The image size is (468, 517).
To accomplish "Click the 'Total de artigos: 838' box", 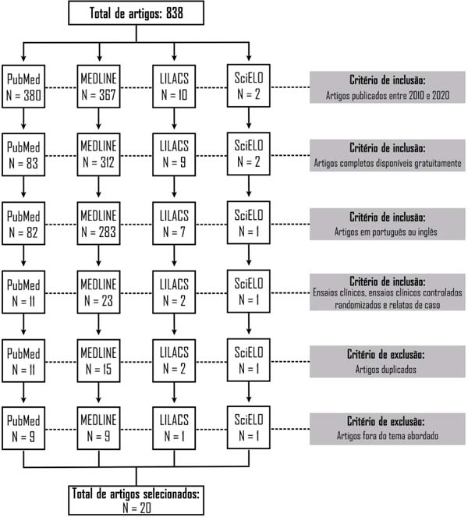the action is (136, 12).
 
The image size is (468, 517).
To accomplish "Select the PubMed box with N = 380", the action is (23, 87).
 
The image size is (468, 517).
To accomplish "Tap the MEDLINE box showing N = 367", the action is (98, 87).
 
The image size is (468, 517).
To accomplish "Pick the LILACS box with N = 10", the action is (174, 87).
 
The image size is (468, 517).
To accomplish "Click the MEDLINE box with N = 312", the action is (98, 154).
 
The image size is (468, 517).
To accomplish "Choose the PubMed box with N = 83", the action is (23, 154).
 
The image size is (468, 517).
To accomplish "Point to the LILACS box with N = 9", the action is (174, 154).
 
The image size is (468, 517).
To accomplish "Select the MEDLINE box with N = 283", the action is (98, 223).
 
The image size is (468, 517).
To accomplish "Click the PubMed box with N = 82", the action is (23, 223).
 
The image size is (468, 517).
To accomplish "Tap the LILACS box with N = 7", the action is (174, 223).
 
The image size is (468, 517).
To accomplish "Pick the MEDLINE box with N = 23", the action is (98, 292).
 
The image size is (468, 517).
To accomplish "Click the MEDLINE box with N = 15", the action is (98, 361).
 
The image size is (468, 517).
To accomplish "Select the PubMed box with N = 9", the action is (23, 428).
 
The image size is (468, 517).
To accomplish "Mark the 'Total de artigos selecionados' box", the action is (136, 500).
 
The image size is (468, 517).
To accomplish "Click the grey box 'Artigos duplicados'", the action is (387, 362).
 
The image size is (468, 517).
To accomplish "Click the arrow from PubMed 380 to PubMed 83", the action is (23, 119).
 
